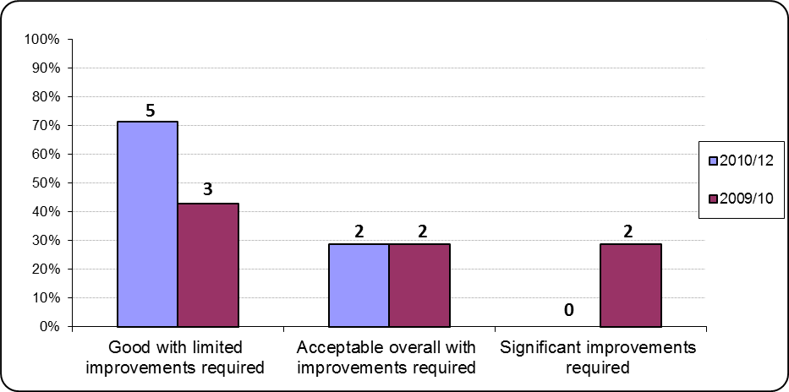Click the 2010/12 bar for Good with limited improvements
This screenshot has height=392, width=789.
[147, 224]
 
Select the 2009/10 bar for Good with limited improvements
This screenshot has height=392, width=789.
[208, 264]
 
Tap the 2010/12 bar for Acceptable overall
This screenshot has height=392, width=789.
[359, 285]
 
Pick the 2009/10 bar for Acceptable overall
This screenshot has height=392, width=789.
[419, 285]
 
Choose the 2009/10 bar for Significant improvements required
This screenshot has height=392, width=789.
[631, 285]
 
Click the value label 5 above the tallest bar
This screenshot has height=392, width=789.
[150, 110]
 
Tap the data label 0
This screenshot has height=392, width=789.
[570, 310]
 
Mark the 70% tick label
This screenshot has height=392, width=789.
[43, 126]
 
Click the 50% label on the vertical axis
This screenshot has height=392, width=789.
[43, 183]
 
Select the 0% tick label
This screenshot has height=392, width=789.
[47, 326]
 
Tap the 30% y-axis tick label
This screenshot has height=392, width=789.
[43, 241]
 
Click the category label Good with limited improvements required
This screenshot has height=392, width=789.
[176, 357]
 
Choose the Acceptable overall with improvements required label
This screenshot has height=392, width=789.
[386, 357]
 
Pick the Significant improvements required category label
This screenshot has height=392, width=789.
[598, 357]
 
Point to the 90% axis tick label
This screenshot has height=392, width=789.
[43, 68]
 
